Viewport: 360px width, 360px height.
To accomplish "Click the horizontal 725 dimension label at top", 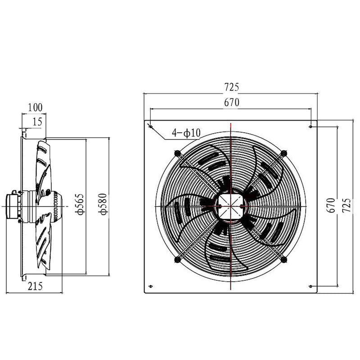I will [230, 86].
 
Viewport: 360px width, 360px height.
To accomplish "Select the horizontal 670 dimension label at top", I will [230, 103].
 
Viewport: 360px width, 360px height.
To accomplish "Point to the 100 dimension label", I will [35, 107].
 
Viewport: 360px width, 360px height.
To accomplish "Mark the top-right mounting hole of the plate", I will [311, 126].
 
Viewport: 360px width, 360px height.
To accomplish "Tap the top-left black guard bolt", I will [176, 153].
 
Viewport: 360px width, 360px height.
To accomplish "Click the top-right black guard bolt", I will [283, 153].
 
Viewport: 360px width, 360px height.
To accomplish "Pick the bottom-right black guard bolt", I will [283, 259].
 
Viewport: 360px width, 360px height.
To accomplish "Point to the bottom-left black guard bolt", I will [177, 260].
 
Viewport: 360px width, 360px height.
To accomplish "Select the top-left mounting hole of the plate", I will [150, 126].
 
